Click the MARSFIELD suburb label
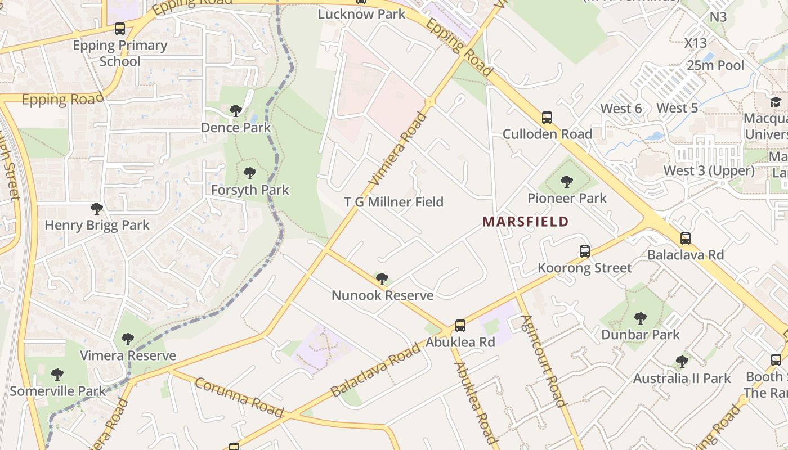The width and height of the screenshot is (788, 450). click(x=525, y=222)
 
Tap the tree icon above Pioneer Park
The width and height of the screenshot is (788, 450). click(x=567, y=182)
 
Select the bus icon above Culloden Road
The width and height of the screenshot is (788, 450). click(x=547, y=118)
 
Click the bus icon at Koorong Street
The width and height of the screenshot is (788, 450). click(x=585, y=251)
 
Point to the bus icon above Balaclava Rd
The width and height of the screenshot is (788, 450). click(x=685, y=238)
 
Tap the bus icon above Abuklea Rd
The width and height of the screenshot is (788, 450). click(x=460, y=326)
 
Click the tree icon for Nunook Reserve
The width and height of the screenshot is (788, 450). click(x=382, y=278)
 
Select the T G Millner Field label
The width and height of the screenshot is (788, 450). click(x=394, y=202)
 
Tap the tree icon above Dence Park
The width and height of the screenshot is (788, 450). click(x=236, y=111)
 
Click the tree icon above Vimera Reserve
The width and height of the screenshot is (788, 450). click(x=128, y=339)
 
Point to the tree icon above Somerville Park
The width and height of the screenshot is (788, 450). click(x=57, y=375)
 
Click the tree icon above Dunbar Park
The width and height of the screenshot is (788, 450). click(x=640, y=318)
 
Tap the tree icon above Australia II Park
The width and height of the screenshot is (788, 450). click(x=682, y=362)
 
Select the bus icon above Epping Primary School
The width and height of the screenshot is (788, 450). click(x=119, y=29)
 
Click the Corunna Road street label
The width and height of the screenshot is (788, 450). click(x=239, y=397)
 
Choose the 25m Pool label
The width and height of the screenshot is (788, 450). click(x=715, y=65)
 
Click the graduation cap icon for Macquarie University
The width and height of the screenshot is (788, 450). click(x=776, y=102)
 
